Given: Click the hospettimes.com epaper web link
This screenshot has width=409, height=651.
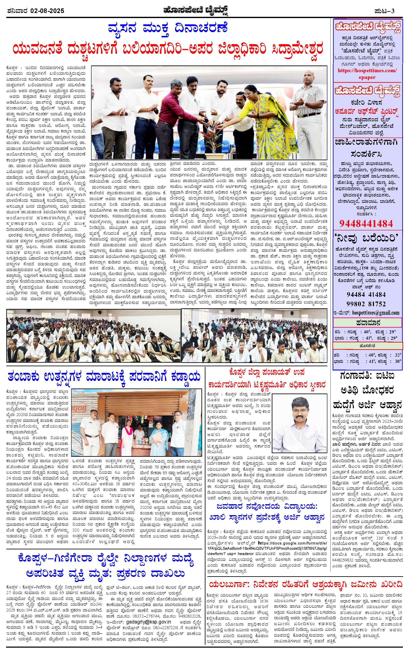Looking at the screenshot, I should coord(368,73).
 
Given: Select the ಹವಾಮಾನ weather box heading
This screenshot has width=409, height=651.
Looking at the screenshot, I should coord(368,322).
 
